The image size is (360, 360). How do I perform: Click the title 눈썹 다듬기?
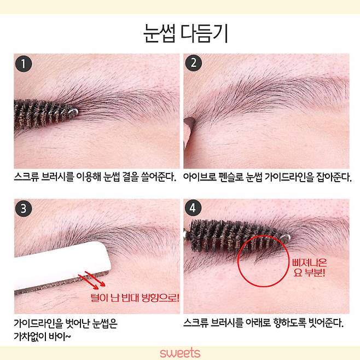point(180,32)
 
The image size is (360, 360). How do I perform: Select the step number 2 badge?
point(193,65)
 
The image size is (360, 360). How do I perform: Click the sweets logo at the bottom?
point(180,353)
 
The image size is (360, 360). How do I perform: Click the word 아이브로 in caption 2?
point(201,178)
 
